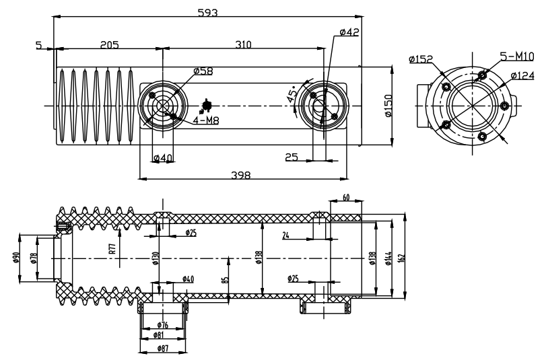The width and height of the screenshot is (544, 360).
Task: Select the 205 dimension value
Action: click(109, 45)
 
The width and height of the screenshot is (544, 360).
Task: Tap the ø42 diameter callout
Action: click(349, 33)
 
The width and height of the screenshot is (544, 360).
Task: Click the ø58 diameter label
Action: click(203, 71)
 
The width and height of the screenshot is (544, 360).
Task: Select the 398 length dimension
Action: click(240, 175)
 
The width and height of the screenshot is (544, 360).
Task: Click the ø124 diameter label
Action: click(522, 75)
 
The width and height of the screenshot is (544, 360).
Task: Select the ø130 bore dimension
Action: click(156, 258)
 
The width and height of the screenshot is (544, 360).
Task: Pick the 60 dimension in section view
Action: click(346, 198)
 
